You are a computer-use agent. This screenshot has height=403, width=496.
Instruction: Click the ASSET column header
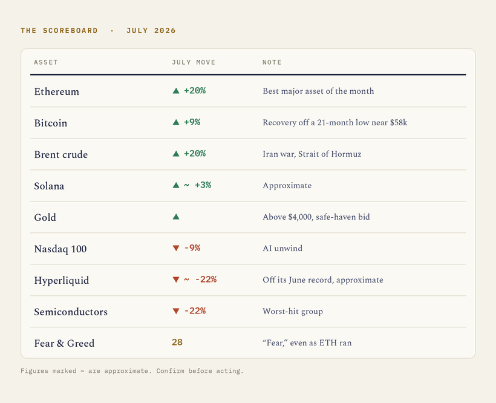pos(46,62)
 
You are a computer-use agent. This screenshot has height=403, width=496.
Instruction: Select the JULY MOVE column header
pos(194,62)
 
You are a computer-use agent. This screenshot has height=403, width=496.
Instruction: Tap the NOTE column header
pos(272,62)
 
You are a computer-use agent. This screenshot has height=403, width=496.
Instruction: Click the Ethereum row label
pos(57,92)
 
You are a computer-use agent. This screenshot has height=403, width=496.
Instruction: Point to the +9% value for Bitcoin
pos(192,122)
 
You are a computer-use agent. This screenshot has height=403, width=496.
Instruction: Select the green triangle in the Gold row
pos(176,217)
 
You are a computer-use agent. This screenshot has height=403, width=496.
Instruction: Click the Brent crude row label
pos(61,155)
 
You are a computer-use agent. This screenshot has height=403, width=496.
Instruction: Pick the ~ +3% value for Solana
pos(198,185)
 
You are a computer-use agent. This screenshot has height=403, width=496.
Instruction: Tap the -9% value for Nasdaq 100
pos(192,248)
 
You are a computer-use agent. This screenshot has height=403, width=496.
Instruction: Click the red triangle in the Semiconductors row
pos(176,311)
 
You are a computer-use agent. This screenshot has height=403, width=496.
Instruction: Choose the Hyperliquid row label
pos(62,281)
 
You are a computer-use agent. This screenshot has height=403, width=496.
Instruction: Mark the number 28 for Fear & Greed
pos(177,342)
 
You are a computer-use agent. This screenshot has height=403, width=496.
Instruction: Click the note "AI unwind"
pos(282,248)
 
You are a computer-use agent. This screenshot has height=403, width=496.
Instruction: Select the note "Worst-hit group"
pos(293,312)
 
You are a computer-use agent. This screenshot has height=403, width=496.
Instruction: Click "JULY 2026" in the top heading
pos(151,31)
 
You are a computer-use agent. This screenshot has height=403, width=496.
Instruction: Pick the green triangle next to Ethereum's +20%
pos(176,91)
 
